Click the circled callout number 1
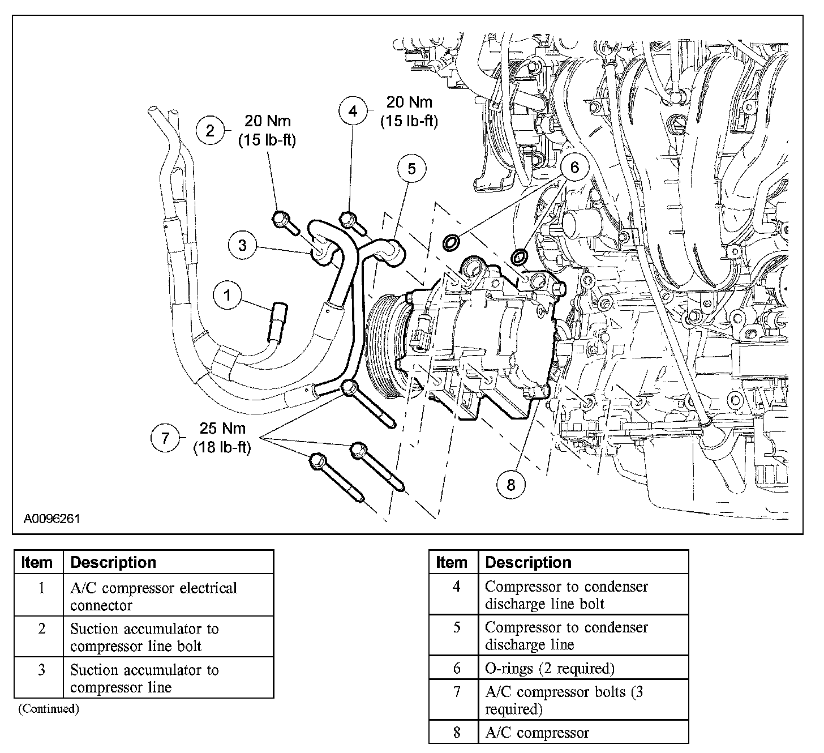(x=228, y=296)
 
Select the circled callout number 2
(x=211, y=131)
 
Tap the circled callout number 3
(x=243, y=245)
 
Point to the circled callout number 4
(x=353, y=111)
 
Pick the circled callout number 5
(x=411, y=169)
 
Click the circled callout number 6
(x=574, y=168)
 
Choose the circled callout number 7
(x=165, y=438)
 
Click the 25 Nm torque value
(x=222, y=429)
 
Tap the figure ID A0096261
(x=51, y=519)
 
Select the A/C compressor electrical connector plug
(x=279, y=320)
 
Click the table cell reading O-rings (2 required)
(x=550, y=669)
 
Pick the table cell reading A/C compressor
(x=537, y=733)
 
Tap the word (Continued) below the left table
(x=49, y=708)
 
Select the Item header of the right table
(x=452, y=563)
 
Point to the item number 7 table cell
(x=456, y=692)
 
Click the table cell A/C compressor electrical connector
(x=153, y=596)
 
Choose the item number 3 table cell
(x=41, y=670)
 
